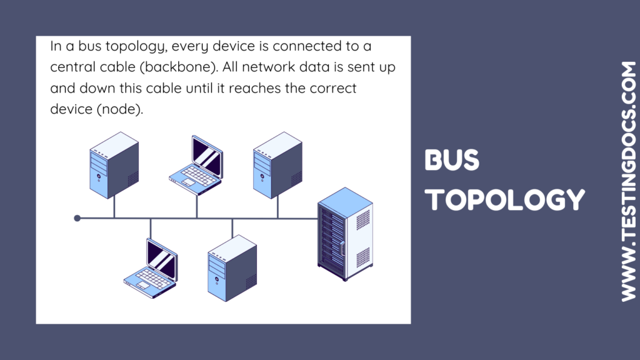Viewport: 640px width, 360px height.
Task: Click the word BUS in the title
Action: (x=452, y=161)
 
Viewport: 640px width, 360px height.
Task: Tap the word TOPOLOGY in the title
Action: (x=504, y=199)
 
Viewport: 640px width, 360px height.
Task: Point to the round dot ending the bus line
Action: (x=77, y=218)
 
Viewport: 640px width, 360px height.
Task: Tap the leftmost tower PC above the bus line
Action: (x=114, y=164)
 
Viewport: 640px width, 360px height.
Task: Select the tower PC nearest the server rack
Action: (x=277, y=164)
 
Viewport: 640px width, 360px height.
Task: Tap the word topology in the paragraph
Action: (x=134, y=46)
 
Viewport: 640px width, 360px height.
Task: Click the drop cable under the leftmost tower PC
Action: (x=114, y=208)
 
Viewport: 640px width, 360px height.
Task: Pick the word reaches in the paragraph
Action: (x=253, y=87)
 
